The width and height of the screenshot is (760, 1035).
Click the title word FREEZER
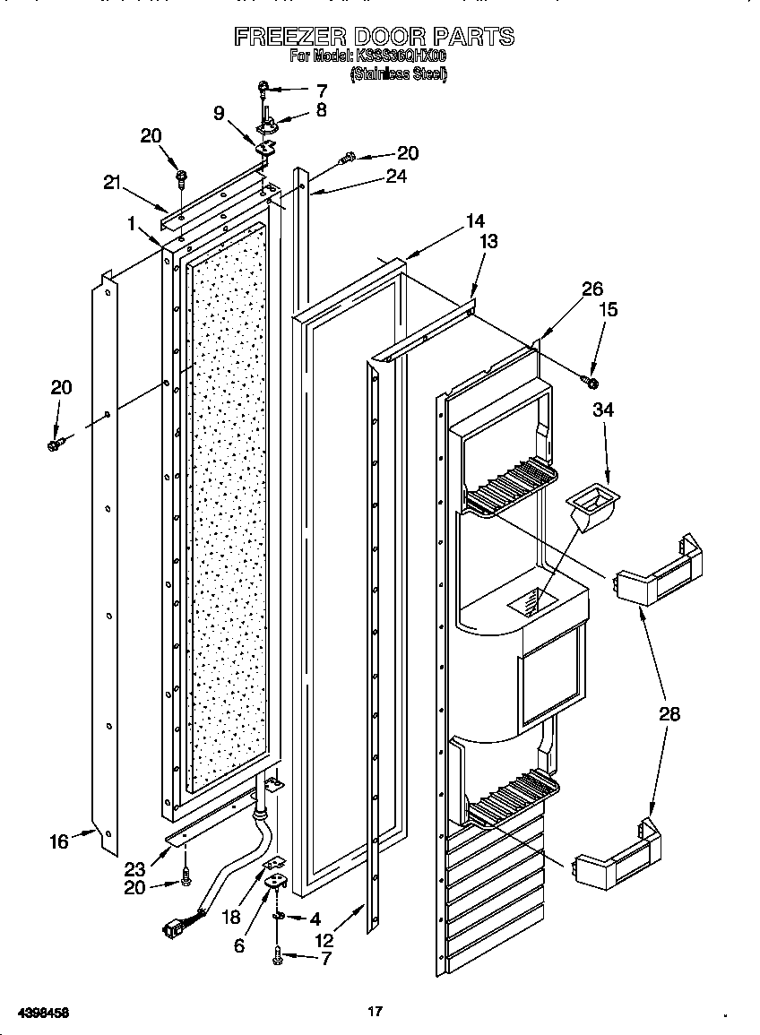290,37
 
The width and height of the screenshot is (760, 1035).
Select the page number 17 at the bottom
375,1012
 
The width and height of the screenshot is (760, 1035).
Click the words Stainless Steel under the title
398,74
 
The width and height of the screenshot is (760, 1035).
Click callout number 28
669,714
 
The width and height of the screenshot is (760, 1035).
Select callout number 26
592,289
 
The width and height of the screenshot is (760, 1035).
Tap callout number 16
59,841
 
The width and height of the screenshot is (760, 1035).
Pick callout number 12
324,940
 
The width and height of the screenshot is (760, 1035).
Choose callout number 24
395,177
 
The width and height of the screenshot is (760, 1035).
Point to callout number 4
315,919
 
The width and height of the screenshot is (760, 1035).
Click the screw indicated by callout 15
592,383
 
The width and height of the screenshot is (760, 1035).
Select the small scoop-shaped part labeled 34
592,505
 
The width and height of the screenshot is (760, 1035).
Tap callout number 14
474,220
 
